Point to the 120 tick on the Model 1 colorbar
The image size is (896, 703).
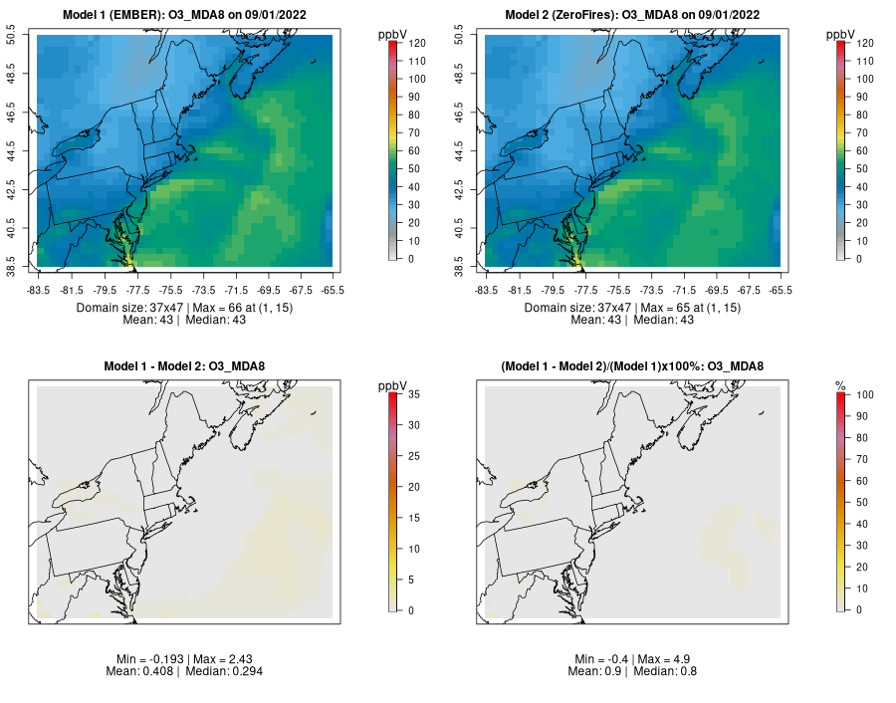click(x=416, y=43)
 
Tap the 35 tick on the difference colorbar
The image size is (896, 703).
click(x=413, y=394)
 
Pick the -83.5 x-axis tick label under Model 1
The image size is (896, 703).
click(x=39, y=291)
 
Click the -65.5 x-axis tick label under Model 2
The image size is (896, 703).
click(x=781, y=291)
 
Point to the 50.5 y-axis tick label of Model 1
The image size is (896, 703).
click(x=23, y=37)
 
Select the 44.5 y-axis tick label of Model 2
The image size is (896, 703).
click(x=470, y=152)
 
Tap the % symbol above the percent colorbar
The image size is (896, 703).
click(x=840, y=385)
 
